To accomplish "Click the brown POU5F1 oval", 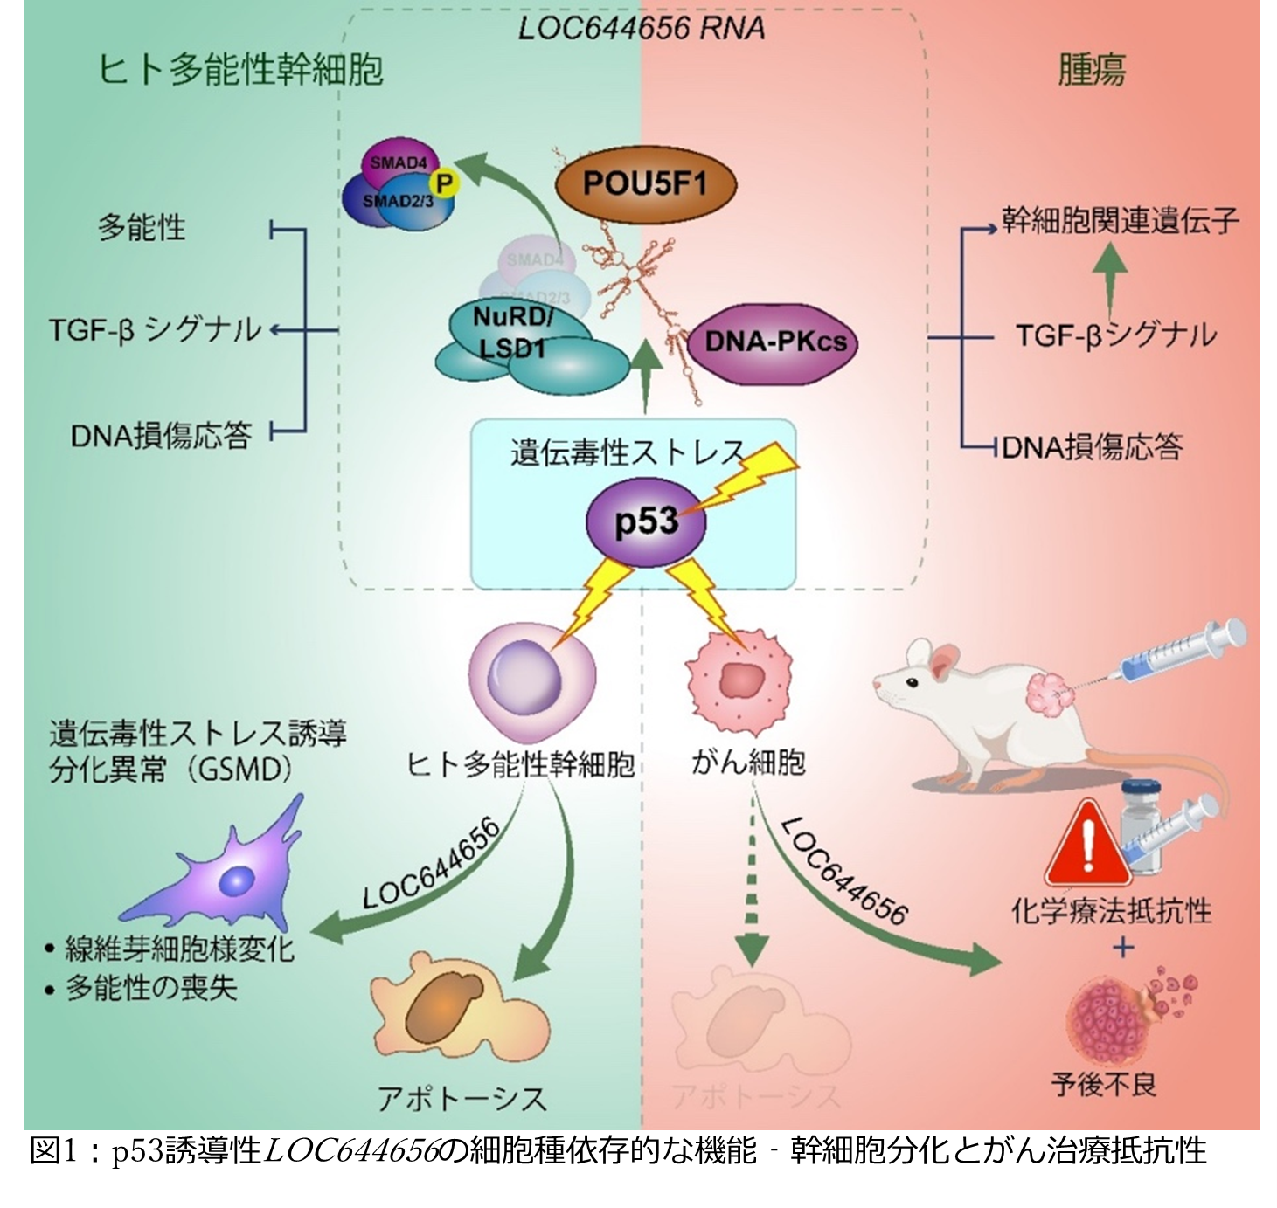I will (x=644, y=184).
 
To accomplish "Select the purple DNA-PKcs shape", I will (x=774, y=341).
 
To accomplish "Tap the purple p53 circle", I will (x=646, y=521).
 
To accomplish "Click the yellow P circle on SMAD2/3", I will (x=445, y=183).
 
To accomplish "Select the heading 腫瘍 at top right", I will (x=1092, y=70).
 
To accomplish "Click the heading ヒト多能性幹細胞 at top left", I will (x=241, y=70).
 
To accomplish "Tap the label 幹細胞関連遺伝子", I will (x=1120, y=220).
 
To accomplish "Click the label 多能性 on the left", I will (x=142, y=228).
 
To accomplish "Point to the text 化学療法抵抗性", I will (x=1111, y=911).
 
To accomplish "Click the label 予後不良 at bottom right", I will (x=1104, y=1084).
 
